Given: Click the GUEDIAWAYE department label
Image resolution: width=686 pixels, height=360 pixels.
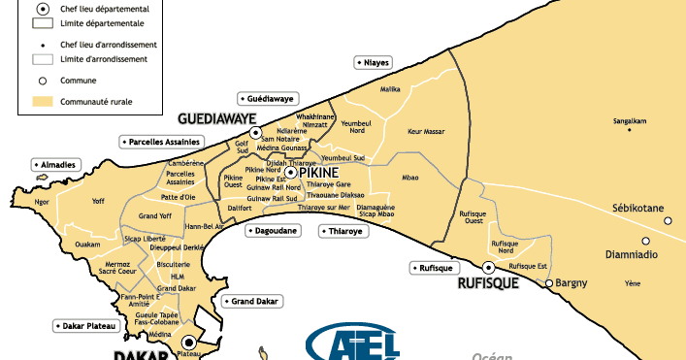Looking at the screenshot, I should click(216, 118).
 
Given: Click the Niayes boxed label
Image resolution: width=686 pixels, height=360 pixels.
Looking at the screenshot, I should click(374, 62).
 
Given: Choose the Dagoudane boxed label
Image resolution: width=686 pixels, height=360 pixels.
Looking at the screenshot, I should click(277, 231).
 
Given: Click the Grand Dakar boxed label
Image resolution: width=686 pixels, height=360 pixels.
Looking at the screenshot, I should click(253, 302).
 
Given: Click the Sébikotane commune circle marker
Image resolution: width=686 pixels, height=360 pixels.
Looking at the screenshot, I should click(668, 221).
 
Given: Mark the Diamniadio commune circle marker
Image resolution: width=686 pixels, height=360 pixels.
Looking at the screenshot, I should click(643, 242).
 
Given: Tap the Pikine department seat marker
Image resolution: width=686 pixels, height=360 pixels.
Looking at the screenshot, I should click(289, 172).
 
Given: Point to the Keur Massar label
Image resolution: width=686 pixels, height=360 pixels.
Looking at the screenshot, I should click(426, 130).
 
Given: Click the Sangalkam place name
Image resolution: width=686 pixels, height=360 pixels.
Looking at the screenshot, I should click(630, 122).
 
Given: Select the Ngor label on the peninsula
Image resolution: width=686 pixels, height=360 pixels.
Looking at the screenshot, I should click(41, 203).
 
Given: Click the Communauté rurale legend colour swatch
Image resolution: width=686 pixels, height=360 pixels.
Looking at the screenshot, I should click(42, 101).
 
